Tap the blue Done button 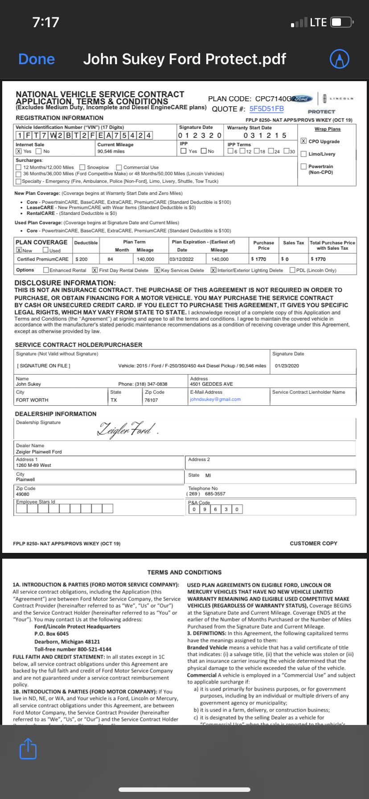[x=37, y=59]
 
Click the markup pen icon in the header [x=339, y=58]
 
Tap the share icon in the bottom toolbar [x=28, y=748]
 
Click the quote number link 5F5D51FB [x=266, y=109]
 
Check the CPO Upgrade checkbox [x=303, y=141]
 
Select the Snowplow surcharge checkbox [x=82, y=167]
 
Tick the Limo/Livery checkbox [x=303, y=154]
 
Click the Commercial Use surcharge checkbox [x=119, y=167]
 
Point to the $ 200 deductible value [x=82, y=259]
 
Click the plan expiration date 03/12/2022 [x=181, y=259]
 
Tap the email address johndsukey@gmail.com [x=215, y=399]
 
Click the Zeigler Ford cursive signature [x=127, y=429]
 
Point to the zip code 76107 [x=151, y=400]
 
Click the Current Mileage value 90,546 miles [x=111, y=151]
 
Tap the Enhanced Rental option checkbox [x=46, y=270]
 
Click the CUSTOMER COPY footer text [x=313, y=544]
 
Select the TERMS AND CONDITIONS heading [x=184, y=572]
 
